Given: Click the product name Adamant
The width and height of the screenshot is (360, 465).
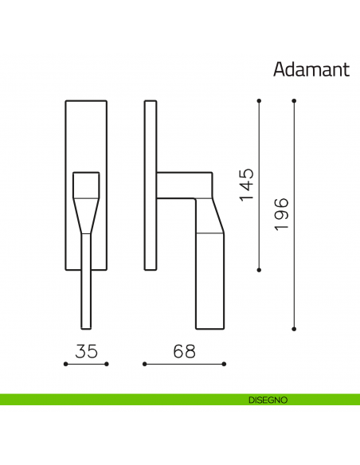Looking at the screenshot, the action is click(311, 70).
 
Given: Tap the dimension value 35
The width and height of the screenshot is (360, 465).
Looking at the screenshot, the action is click(86, 351).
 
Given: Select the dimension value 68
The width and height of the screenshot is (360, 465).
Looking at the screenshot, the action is click(185, 351).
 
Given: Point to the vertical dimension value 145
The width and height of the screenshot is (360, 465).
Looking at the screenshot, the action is click(247, 185).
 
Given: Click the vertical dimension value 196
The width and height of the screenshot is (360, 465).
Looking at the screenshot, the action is click(281, 214).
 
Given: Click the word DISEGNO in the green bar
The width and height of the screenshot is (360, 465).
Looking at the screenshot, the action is click(268, 400).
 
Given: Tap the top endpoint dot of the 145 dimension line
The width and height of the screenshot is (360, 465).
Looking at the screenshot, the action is click(259, 101).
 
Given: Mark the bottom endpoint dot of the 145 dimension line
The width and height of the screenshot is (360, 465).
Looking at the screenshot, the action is click(259, 270).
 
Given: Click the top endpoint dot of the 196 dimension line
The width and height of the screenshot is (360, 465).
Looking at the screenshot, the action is click(294, 101).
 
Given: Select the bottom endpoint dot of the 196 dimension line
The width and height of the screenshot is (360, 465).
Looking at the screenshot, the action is click(294, 329).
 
